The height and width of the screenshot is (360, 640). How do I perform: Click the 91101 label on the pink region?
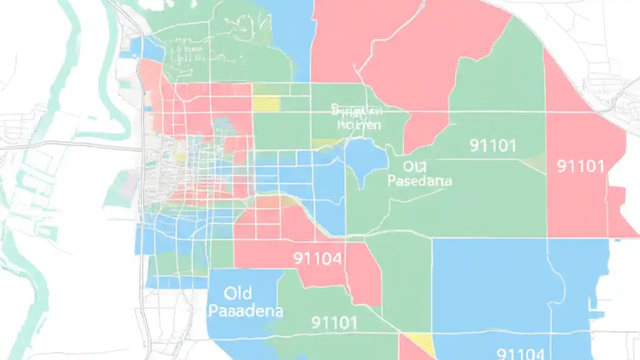pyautogui.click(x=580, y=166)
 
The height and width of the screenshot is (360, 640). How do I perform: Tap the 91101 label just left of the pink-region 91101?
pyautogui.click(x=493, y=145)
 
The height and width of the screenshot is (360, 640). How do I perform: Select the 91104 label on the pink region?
pyautogui.click(x=317, y=258)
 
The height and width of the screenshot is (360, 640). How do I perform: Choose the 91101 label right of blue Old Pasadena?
pyautogui.click(x=334, y=322)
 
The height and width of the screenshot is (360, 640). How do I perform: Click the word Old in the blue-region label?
pyautogui.click(x=238, y=292)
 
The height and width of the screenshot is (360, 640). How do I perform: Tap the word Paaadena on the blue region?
pyautogui.click(x=245, y=311)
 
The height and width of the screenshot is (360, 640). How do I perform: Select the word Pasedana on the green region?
pyautogui.click(x=419, y=181)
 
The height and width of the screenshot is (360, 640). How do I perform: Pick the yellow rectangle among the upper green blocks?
pyautogui.click(x=266, y=103)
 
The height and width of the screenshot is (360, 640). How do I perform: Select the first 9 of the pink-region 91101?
pyautogui.click(x=560, y=166)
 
